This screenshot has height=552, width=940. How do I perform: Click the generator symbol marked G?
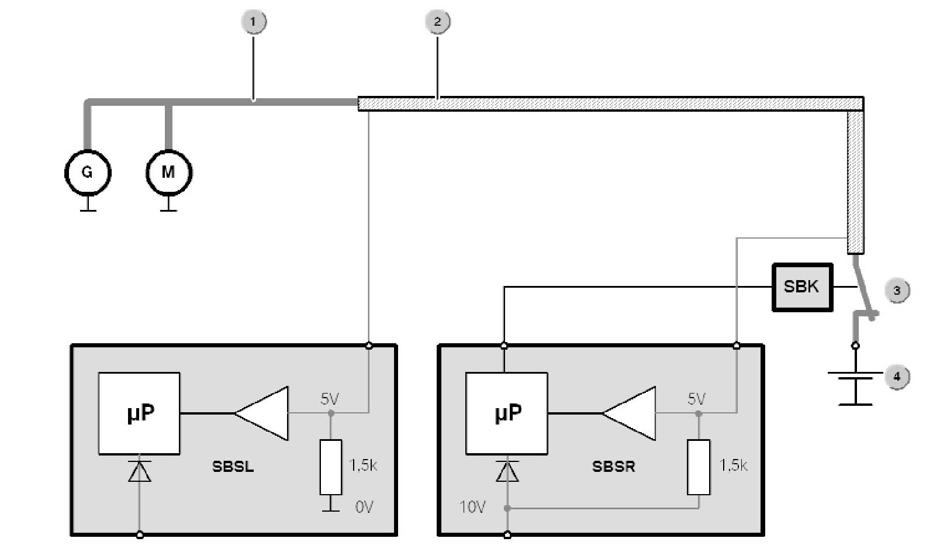point(87,172)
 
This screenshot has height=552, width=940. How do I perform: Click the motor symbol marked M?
point(168,172)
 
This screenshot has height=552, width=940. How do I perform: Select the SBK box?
point(802,287)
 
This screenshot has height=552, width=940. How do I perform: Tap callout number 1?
point(253,22)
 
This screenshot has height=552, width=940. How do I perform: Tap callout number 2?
point(437,22)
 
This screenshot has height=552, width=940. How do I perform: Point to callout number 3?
point(897,291)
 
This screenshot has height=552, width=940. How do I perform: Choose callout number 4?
point(897,376)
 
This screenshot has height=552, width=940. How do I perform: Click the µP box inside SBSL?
point(139,413)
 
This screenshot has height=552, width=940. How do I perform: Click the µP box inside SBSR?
point(506,413)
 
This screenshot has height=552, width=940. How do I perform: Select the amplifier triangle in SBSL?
point(266,413)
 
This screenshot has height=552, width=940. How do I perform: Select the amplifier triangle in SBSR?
point(633,413)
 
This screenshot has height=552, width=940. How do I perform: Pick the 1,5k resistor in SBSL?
point(330,467)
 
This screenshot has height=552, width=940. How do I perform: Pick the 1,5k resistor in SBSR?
point(698,467)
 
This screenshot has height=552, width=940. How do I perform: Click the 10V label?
point(472,507)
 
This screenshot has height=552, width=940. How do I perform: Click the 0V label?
point(364,507)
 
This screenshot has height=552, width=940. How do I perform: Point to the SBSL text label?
point(233,467)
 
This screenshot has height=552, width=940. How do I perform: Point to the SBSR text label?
point(613,467)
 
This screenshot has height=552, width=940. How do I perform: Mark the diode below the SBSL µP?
point(139,471)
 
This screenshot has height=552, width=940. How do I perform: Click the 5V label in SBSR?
point(696,399)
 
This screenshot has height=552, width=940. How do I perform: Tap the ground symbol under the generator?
point(88,206)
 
